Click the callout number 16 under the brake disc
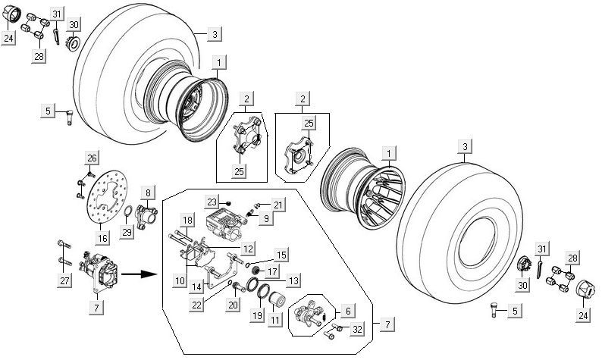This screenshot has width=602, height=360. click(x=102, y=238)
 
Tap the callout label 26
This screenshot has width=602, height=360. click(x=92, y=158)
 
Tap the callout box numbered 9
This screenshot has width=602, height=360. click(x=267, y=219)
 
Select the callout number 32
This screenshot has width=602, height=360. click(x=357, y=328)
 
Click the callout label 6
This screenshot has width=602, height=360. click(x=348, y=311)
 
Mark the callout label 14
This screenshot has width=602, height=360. click(x=196, y=286)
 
